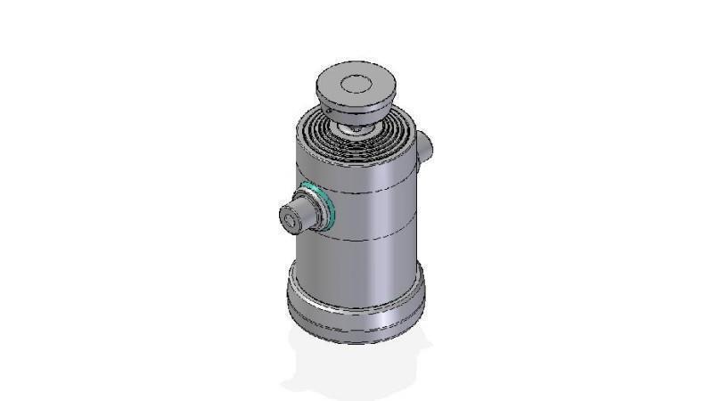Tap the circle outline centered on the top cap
[356, 85]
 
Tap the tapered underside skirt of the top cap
[356, 111]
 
